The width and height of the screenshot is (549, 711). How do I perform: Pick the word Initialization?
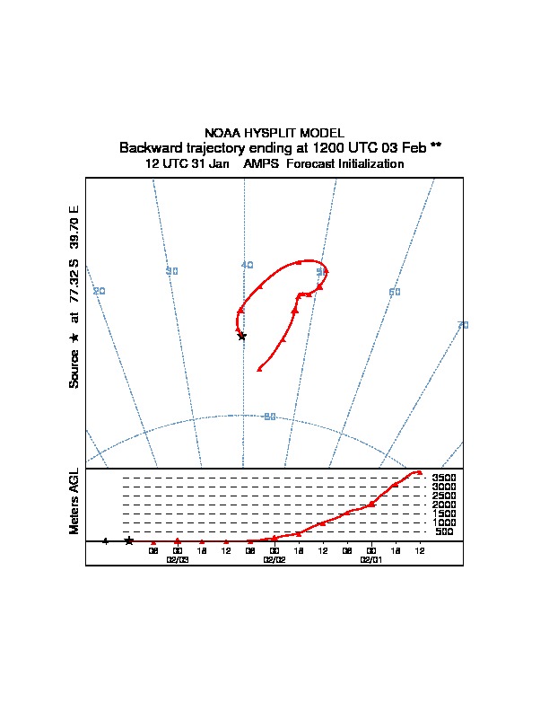[x=363, y=164]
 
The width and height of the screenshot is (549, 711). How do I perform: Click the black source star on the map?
[x=241, y=336]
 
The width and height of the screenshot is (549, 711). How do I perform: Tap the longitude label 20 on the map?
[x=100, y=290]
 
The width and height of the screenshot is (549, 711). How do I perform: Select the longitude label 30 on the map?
[x=172, y=270]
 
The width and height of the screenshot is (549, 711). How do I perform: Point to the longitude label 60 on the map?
[x=394, y=292]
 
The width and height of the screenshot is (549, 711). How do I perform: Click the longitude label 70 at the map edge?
[x=463, y=325]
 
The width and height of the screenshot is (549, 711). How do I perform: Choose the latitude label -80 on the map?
[x=269, y=416]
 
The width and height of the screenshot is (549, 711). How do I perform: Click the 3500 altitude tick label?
[x=444, y=478]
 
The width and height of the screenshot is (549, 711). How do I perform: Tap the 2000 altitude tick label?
[x=444, y=505]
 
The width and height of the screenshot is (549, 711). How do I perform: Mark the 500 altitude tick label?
[x=444, y=532]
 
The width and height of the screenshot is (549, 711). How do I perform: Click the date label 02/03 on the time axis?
[x=178, y=558]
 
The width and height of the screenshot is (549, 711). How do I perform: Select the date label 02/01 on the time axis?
[x=370, y=558]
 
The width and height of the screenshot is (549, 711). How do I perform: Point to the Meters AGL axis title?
[x=74, y=501]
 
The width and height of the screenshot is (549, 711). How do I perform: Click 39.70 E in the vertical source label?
[x=74, y=228]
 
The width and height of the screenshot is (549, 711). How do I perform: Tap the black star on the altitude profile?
[x=128, y=540]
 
